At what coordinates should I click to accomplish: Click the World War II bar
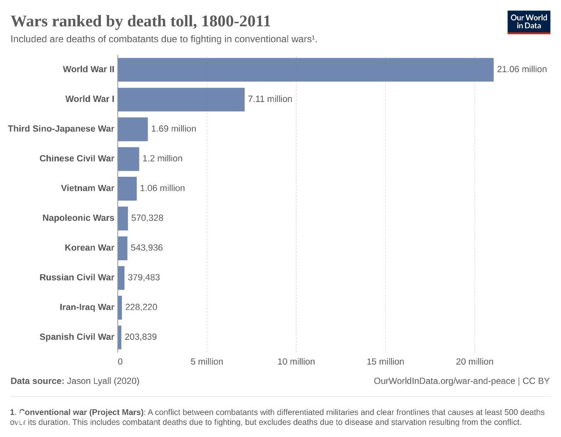coord(305,69)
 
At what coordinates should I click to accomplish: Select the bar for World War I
coord(181,99)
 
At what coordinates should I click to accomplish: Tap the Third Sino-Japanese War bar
coord(133,129)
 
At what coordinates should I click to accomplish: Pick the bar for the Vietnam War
coord(127,188)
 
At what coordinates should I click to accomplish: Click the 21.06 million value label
coord(522,69)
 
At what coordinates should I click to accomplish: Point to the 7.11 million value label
coord(270,99)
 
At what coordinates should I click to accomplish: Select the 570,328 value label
coord(147,218)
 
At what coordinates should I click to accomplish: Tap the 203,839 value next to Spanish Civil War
coord(141,337)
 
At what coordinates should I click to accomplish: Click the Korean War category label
coord(89,248)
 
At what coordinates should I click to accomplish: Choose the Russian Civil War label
coord(77,277)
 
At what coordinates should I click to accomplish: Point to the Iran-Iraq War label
coord(87,307)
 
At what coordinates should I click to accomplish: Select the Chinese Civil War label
coord(77,158)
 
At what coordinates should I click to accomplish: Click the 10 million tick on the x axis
coord(296,362)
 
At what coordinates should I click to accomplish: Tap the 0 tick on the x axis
coord(120,362)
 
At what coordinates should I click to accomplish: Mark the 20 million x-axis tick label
coord(475,362)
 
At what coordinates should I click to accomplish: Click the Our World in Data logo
coord(529,22)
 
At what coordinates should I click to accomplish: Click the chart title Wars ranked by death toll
coord(141,21)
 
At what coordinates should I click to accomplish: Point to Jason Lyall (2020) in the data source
coord(103,381)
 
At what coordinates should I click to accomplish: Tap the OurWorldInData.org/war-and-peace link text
coord(444,381)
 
